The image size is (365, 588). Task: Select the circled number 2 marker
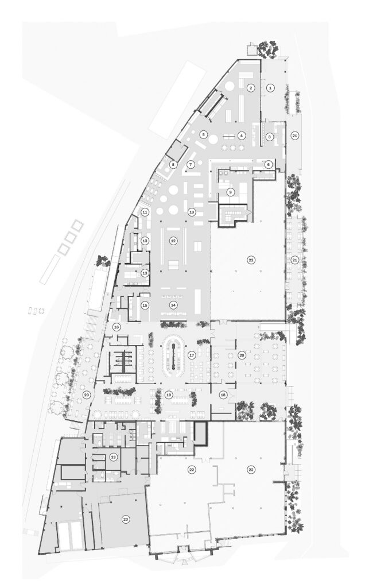pos(251,88)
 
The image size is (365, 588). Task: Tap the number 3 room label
pos(269,137)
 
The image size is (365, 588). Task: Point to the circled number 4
pos(242,135)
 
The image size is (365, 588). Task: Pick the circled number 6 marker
pos(268,164)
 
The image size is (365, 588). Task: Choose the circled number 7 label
pos(191,164)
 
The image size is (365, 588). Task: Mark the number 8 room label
pos(173,164)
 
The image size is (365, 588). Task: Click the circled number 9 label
pos(231,192)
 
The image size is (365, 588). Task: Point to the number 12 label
pos(173,241)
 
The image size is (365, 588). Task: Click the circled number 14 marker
pos(173,305)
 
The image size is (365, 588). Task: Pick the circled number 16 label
pos(117,327)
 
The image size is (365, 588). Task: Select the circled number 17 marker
pos(192,355)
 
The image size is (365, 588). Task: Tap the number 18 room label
pos(224,395)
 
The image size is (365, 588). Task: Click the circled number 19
pos(168,395)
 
